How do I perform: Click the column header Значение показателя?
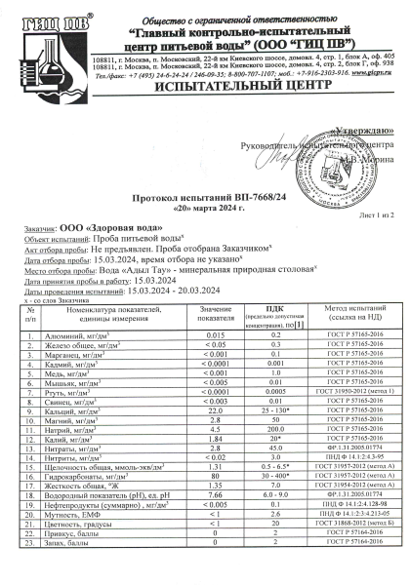(216, 312)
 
